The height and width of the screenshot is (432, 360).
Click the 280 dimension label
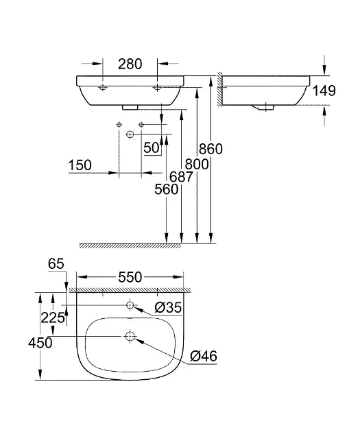[130, 64]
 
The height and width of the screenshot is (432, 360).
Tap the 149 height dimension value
[324, 91]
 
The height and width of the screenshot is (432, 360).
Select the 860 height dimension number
[211, 149]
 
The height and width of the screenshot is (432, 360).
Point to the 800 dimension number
[197, 164]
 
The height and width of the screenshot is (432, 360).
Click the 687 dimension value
[181, 177]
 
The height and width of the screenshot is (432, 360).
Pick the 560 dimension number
[167, 189]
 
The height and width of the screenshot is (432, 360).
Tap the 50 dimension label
[152, 148]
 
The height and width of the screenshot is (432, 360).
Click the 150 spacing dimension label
[80, 165]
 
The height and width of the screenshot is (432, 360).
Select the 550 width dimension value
[130, 277]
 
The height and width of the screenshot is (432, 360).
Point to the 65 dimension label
[56, 264]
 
